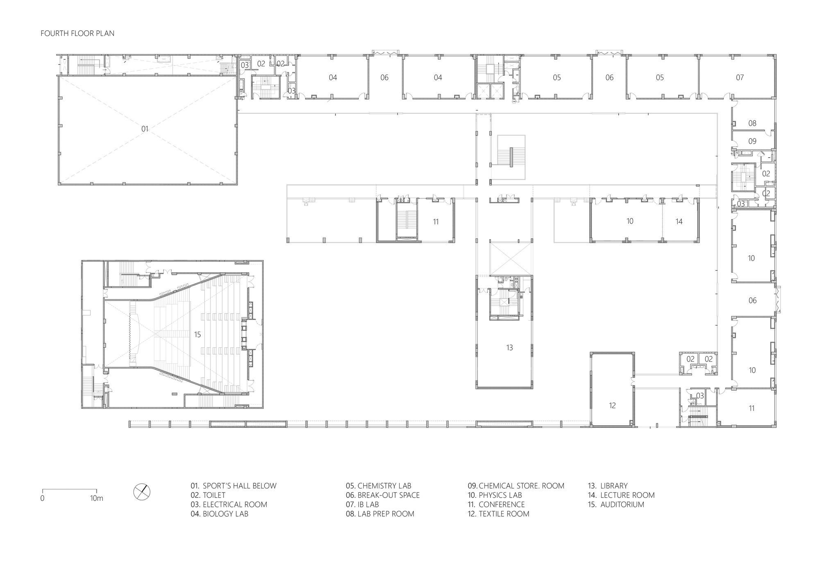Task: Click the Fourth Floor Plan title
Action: [77, 34]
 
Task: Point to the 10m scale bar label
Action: [97, 499]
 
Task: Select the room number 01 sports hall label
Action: [145, 129]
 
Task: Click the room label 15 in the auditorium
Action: [197, 335]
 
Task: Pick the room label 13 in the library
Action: [509, 348]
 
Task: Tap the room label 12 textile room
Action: [612, 405]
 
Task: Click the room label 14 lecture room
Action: [679, 222]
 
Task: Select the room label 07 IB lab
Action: [740, 77]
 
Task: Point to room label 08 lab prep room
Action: [752, 123]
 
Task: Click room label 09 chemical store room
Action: [752, 141]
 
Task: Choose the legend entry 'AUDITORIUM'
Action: [622, 504]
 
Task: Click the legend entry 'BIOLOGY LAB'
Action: [225, 514]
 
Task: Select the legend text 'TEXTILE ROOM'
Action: [504, 514]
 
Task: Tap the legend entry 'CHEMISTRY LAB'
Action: [384, 486]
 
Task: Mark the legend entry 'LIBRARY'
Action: [614, 486]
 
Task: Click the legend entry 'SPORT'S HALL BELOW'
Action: [240, 486]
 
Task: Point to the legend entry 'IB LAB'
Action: [368, 504]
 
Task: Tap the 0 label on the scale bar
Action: [42, 499]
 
